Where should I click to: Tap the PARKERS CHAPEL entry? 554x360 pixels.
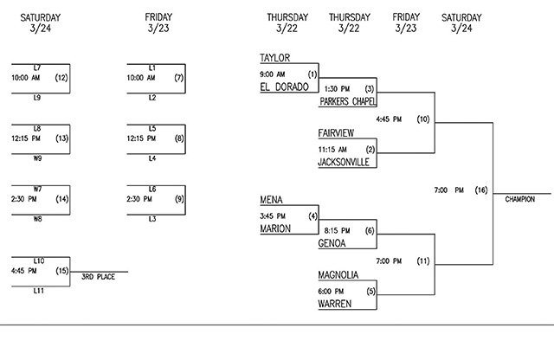(x=348, y=101)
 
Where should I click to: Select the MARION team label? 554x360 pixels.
(x=275, y=228)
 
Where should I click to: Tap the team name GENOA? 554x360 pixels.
(x=333, y=244)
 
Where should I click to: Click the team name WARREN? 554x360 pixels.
(x=335, y=304)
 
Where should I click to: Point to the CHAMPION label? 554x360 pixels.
(x=520, y=199)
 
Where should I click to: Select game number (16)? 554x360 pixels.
(x=481, y=190)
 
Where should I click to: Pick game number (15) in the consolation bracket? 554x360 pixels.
(x=61, y=271)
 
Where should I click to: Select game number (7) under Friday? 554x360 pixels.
(x=178, y=78)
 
